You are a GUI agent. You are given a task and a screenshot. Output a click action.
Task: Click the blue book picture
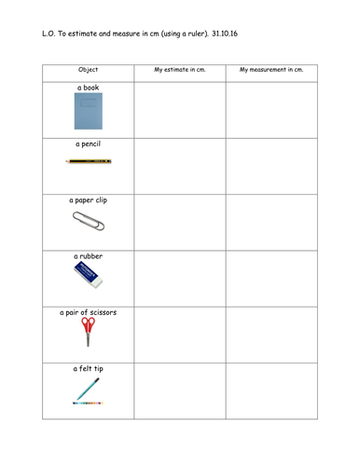click(88, 111)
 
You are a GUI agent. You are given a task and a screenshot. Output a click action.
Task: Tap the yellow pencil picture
click(89, 161)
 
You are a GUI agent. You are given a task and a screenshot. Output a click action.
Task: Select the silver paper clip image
click(89, 221)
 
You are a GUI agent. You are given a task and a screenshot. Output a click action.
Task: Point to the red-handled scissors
click(88, 330)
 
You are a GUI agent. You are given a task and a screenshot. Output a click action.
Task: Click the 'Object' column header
click(89, 70)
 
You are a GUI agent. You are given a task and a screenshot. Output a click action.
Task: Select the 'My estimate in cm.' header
click(179, 70)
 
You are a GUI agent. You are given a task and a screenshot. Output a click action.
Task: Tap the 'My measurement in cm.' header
click(270, 70)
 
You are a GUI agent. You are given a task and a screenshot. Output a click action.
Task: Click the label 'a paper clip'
click(89, 199)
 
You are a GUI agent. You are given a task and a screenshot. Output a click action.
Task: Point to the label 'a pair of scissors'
click(89, 312)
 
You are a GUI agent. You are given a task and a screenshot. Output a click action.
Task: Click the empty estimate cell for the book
click(179, 110)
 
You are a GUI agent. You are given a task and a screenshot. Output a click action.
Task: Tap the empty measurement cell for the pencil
click(270, 166)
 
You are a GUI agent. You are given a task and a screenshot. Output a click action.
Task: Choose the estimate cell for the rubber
click(179, 278)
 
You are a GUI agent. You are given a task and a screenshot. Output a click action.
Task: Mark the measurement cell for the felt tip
click(270, 391)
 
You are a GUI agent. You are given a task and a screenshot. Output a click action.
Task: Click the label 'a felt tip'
click(89, 369)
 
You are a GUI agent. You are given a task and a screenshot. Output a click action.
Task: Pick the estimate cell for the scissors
click(179, 334)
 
